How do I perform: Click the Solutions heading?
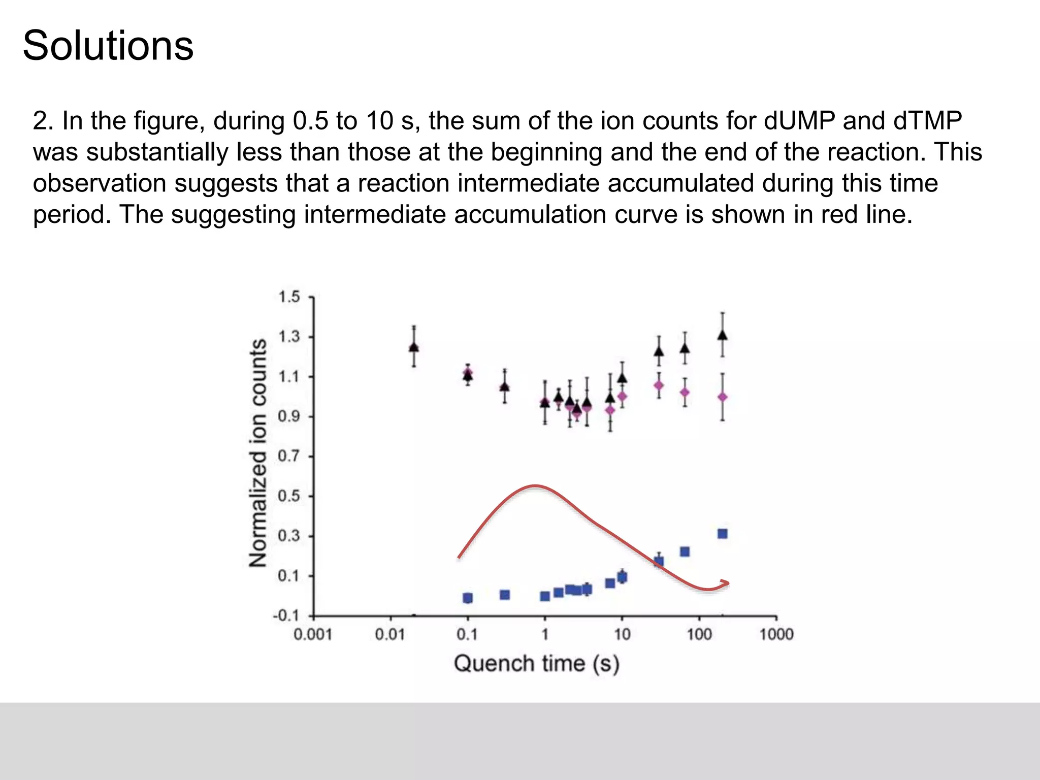point(108,46)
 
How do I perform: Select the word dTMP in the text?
point(927,121)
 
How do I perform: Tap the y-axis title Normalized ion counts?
point(258,452)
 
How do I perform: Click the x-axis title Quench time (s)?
point(536,664)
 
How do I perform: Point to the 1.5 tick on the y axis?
point(289,297)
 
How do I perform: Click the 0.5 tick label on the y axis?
point(289,496)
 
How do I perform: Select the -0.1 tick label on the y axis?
point(286,616)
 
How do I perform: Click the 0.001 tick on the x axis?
point(313,634)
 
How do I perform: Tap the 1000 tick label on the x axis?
point(776,634)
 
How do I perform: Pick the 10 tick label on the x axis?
point(622,634)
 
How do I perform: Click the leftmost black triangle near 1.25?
point(414,347)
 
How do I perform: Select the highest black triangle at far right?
point(722,335)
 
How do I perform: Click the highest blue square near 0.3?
point(722,534)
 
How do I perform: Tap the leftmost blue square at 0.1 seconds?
point(468,598)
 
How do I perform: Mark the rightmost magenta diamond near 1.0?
point(722,397)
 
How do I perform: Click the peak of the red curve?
point(534,486)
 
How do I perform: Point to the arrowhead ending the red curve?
point(726,583)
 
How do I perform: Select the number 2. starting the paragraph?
point(43,121)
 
